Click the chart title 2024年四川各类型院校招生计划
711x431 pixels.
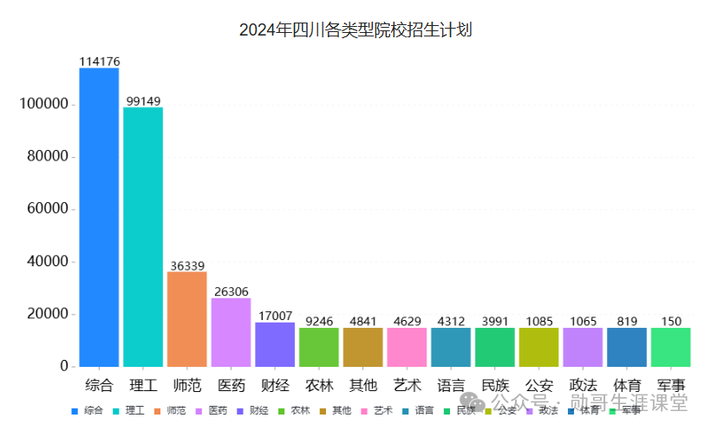pyautogui.click(x=355, y=30)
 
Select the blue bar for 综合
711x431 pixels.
pyautogui.click(x=99, y=217)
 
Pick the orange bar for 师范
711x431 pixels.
pyautogui.click(x=186, y=319)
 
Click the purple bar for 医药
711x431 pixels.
pyautogui.click(x=231, y=332)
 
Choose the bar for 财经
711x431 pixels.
pyautogui.click(x=275, y=344)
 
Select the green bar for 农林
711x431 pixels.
pyautogui.click(x=318, y=347)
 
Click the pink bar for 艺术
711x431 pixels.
pyautogui.click(x=407, y=347)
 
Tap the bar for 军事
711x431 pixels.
pyautogui.click(x=670, y=347)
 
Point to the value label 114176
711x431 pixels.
pyautogui.click(x=99, y=62)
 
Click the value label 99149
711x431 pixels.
pyautogui.click(x=143, y=101)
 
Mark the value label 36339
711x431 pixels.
pyautogui.click(x=186, y=265)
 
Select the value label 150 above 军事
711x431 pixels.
pyautogui.click(x=670, y=321)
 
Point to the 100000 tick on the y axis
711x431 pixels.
pyautogui.click(x=43, y=104)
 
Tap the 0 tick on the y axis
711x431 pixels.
pyautogui.click(x=63, y=367)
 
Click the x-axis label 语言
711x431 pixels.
pyautogui.click(x=451, y=385)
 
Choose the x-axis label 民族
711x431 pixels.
pyautogui.click(x=494, y=385)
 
